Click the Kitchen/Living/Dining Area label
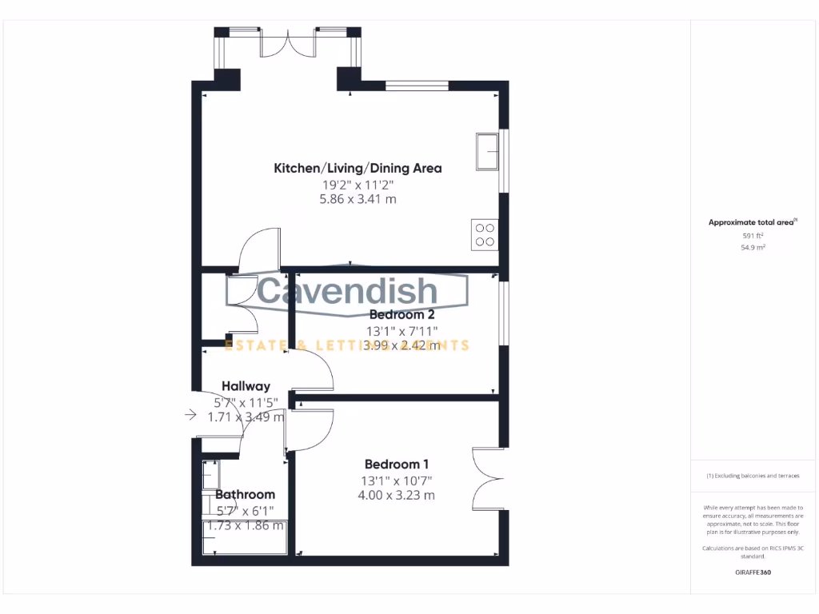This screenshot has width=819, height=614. pos(358,168)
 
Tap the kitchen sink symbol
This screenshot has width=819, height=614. pos(486,151)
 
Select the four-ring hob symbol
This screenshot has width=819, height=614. pos(485,233)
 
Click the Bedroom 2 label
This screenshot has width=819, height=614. pos(402,314)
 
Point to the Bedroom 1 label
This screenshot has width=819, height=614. pos(397,464)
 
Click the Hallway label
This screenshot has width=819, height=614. pos(246,385)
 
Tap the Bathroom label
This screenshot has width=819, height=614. pos(245,494)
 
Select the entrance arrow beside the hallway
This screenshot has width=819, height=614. pos(190,414)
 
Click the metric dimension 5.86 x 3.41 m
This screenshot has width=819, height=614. pos(358,199)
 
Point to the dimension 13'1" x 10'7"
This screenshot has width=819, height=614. pos(397,480)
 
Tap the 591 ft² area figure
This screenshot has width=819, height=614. pos(753,236)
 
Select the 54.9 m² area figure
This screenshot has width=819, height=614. pos(753,248)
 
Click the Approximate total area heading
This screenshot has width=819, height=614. pos(753,222)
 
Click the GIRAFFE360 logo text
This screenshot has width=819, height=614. pos(753,572)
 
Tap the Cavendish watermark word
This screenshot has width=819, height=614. pos(348,292)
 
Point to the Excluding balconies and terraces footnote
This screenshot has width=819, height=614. pos(753,476)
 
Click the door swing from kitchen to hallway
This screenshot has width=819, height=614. pos(258,248)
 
